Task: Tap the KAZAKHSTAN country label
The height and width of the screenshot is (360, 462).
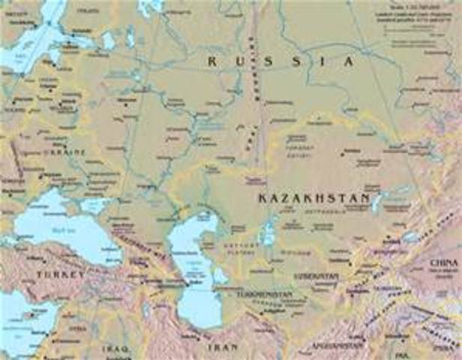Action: (314, 198)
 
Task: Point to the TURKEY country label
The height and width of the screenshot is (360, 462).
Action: (56, 276)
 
